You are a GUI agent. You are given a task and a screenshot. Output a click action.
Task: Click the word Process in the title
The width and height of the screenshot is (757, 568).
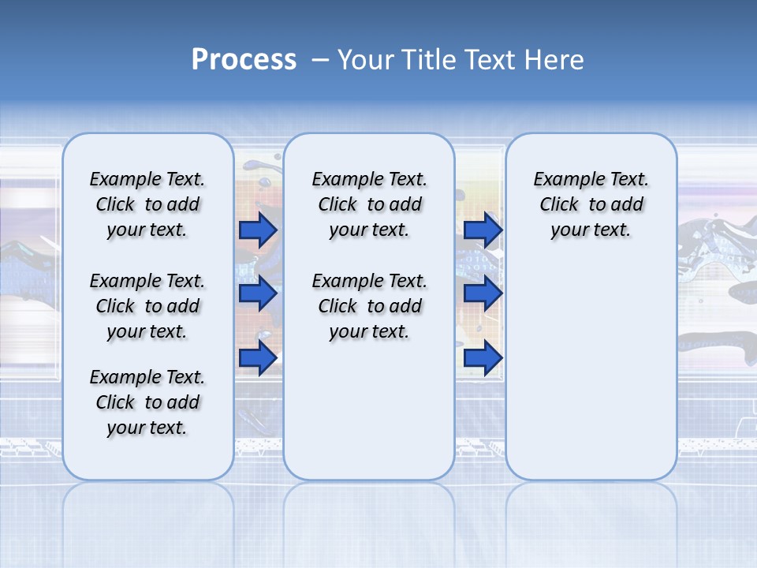[244, 60]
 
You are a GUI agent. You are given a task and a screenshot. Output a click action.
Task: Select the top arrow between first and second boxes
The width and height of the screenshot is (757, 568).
[258, 230]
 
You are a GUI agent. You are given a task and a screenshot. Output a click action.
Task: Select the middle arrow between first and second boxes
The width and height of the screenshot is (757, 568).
[258, 293]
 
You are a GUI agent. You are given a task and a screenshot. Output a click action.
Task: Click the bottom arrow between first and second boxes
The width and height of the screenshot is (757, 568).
[258, 358]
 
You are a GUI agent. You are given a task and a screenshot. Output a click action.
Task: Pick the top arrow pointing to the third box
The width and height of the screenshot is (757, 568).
[483, 230]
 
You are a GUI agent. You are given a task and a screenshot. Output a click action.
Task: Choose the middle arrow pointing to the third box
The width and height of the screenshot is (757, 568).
[483, 293]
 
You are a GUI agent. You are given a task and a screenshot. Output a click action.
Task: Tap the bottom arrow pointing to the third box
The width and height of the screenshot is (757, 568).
[483, 358]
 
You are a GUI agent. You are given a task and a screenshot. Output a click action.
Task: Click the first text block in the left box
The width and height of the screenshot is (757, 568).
[147, 204]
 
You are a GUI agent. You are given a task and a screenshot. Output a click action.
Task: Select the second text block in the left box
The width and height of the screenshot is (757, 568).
[147, 306]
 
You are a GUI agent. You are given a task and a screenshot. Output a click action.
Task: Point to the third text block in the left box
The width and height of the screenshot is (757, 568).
[147, 402]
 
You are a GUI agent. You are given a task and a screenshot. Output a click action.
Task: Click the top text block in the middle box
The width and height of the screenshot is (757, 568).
[369, 204]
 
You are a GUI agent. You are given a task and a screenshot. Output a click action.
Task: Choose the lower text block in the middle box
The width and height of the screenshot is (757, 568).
[369, 306]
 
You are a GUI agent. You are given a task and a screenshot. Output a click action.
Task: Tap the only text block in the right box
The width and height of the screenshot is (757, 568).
[591, 204]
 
